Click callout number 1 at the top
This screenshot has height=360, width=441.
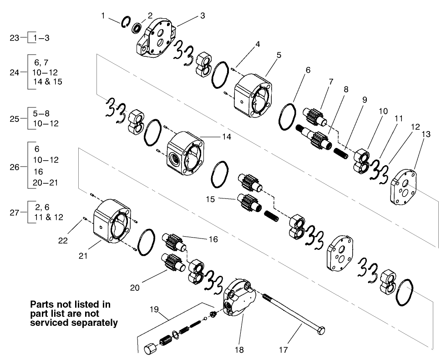coord(103,16)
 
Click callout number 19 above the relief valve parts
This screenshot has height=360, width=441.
coord(155,309)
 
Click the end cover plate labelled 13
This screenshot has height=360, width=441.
coord(404,188)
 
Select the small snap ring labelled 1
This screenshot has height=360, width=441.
coord(126,22)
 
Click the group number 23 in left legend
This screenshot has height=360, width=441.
coord(15,38)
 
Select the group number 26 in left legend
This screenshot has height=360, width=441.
coord(15,167)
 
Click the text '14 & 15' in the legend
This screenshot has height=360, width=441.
coord(48,82)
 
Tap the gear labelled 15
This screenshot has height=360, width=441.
coord(248,202)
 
